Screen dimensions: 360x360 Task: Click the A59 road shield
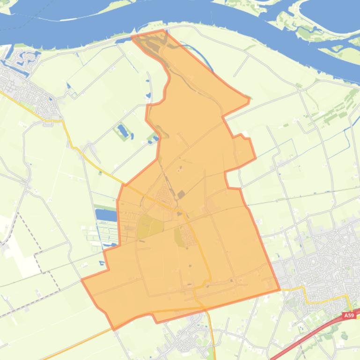tap(349, 316)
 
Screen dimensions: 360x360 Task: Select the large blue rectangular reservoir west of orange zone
tap(106, 216)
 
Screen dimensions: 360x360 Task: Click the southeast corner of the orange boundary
tap(279, 289)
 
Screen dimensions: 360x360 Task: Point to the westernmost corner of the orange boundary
tap(82, 280)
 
